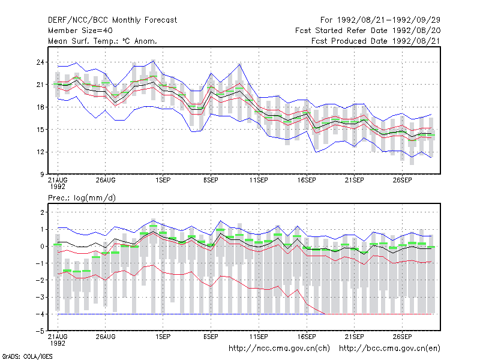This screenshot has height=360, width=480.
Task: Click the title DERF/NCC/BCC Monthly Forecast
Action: coord(112,20)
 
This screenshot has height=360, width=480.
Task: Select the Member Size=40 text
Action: coord(80,31)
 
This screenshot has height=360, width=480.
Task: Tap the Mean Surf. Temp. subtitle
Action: coord(103,41)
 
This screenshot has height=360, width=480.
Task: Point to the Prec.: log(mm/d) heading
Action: coord(82,198)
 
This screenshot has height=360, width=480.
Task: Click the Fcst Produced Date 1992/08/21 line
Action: coord(376,41)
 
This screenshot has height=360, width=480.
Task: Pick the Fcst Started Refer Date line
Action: coord(368,31)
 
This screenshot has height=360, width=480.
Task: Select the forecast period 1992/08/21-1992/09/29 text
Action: coord(380,20)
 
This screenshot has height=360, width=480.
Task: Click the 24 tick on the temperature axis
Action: coord(40,62)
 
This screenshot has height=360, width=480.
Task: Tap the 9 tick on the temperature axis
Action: coord(42,175)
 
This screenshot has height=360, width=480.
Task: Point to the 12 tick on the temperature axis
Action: coord(40,152)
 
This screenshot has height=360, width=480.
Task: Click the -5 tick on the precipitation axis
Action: coord(40,331)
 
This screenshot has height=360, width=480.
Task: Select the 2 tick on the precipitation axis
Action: coord(42,212)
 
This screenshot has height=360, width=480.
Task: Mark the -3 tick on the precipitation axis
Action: coord(40,297)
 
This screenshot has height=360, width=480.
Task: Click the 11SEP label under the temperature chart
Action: coord(259,180)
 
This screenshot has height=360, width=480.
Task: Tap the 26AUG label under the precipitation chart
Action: coord(106,337)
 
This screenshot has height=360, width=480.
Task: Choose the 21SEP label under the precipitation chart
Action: coord(355,337)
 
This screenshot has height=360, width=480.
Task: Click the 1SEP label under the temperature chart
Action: coord(163,180)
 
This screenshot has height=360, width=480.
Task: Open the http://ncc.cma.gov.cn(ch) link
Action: coord(279,349)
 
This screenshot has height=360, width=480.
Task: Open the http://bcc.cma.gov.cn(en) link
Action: coord(389,349)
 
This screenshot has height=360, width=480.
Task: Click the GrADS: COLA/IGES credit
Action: coord(28,356)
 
